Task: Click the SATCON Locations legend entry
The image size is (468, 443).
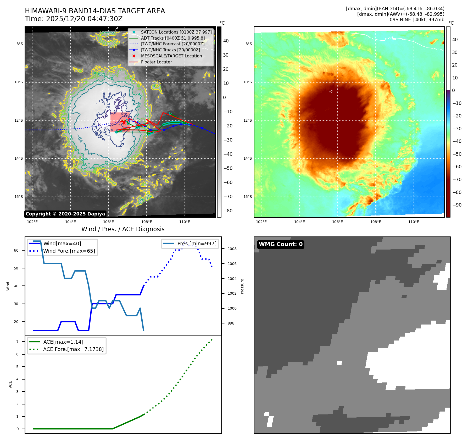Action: pyautogui.click(x=176, y=32)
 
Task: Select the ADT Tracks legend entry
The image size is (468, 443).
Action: pyautogui.click(x=173, y=38)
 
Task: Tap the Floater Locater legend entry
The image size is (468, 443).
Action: pyautogui.click(x=156, y=62)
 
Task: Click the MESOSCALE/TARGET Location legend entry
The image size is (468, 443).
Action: pyautogui.click(x=171, y=56)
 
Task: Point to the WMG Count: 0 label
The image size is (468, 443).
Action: pyautogui.click(x=281, y=244)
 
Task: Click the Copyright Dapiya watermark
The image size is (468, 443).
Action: pyautogui.click(x=65, y=214)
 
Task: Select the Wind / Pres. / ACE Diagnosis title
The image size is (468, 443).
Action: pyautogui.click(x=123, y=229)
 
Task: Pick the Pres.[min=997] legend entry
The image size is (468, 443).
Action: pyautogui.click(x=197, y=244)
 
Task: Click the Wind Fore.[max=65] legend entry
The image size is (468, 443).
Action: pyautogui.click(x=69, y=251)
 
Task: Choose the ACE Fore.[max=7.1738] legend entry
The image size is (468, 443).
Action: pyautogui.click(x=73, y=349)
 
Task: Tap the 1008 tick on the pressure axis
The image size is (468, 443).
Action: pyautogui.click(x=232, y=249)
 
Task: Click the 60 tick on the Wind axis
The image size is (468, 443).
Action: pyautogui.click(x=16, y=250)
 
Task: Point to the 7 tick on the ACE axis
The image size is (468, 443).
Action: pyautogui.click(x=18, y=342)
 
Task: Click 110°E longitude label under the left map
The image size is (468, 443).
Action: pyautogui.click(x=185, y=222)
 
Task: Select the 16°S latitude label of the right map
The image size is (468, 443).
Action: pyautogui.click(x=248, y=197)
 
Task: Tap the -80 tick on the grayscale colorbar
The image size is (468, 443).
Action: pyautogui.click(x=228, y=211)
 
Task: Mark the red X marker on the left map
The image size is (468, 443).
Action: pyautogui.click(x=124, y=122)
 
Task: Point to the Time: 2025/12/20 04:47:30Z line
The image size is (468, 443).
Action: pyautogui.click(x=74, y=19)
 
